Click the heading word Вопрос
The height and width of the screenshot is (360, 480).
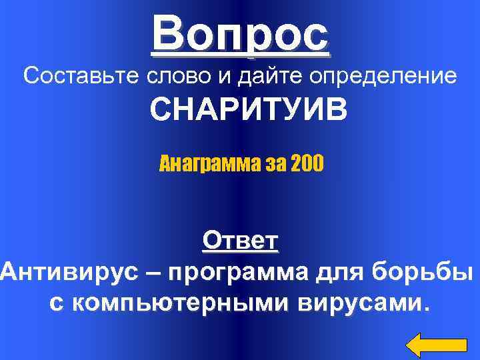click(x=240, y=35)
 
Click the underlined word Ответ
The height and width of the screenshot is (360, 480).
click(x=240, y=240)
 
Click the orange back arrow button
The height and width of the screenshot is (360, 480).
click(x=436, y=344)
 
